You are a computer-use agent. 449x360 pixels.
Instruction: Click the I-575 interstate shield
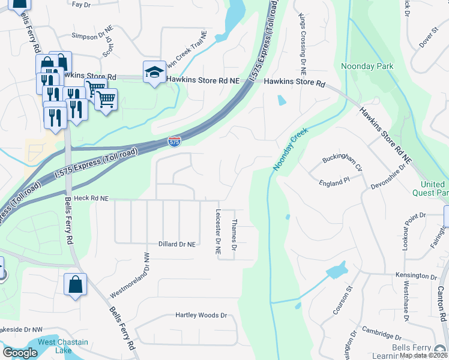173,142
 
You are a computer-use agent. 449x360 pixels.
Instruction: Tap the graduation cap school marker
154,73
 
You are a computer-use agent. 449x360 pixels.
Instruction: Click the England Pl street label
334,181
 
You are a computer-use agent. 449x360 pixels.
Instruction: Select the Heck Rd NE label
91,197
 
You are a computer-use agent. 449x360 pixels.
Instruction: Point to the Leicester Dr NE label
218,234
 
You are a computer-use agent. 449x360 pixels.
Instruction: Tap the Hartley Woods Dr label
201,315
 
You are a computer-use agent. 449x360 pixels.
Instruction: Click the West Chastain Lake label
63,346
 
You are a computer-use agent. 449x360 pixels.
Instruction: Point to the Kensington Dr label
416,276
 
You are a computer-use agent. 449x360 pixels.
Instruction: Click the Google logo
20,353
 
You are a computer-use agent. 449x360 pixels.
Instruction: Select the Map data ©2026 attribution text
424,355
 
